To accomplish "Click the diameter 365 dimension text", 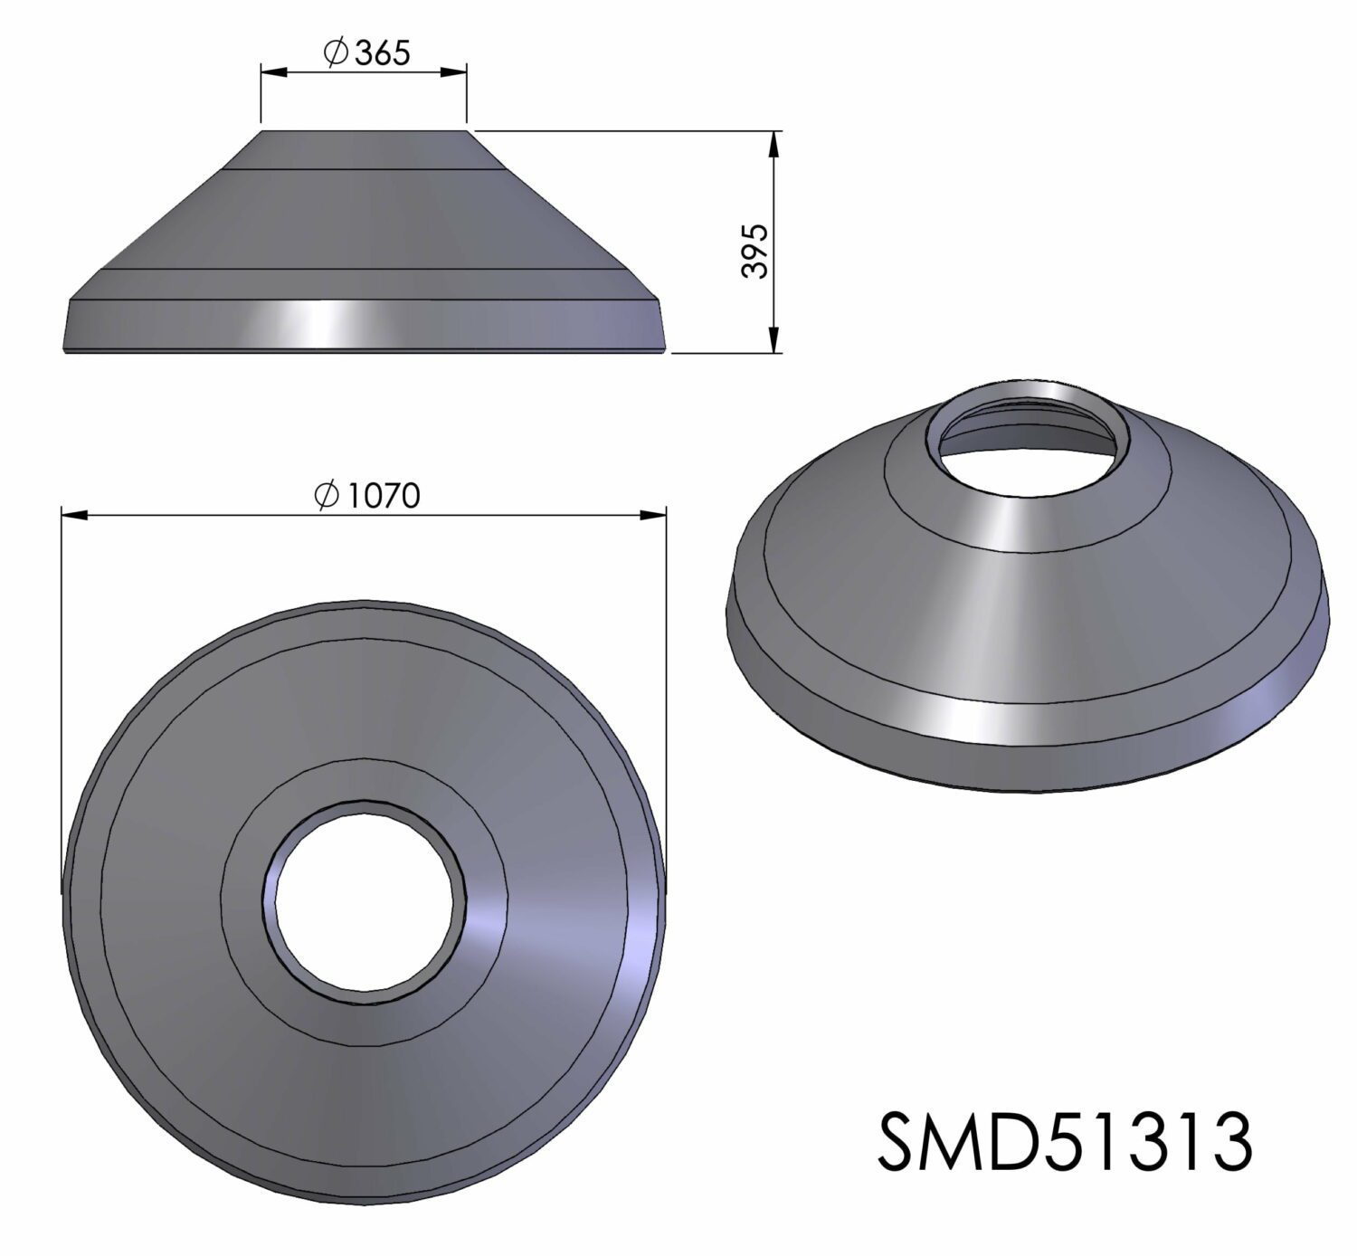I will [366, 53].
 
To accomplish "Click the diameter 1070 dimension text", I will [366, 495].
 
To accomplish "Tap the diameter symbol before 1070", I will [325, 495].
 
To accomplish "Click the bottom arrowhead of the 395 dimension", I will [774, 339].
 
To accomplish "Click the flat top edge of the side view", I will [365, 131].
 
